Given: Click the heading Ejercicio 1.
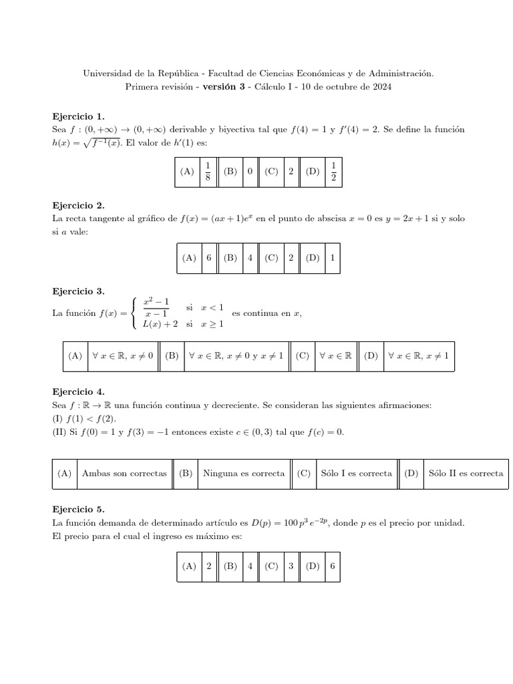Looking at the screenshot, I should tap(78, 116).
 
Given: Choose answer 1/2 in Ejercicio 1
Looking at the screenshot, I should tap(333, 171).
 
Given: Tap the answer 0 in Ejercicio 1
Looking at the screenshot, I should tap(250, 171).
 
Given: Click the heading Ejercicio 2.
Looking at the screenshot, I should tap(78, 205).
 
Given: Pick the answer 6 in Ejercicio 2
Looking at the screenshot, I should tap(209, 257).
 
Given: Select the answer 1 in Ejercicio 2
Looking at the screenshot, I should tap(333, 257).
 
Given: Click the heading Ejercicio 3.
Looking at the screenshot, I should tap(78, 291).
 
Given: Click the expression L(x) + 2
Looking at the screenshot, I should tap(160, 324).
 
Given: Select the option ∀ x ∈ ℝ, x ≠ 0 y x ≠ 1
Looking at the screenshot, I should tap(236, 356).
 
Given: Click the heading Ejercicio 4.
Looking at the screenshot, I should tap(78, 391).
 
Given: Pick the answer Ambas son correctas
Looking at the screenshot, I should tap(124, 473).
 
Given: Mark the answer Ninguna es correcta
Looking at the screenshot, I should tap(244, 473).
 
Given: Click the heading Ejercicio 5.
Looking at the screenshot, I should tap(78, 508).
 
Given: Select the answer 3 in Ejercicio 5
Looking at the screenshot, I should tap(291, 565).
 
